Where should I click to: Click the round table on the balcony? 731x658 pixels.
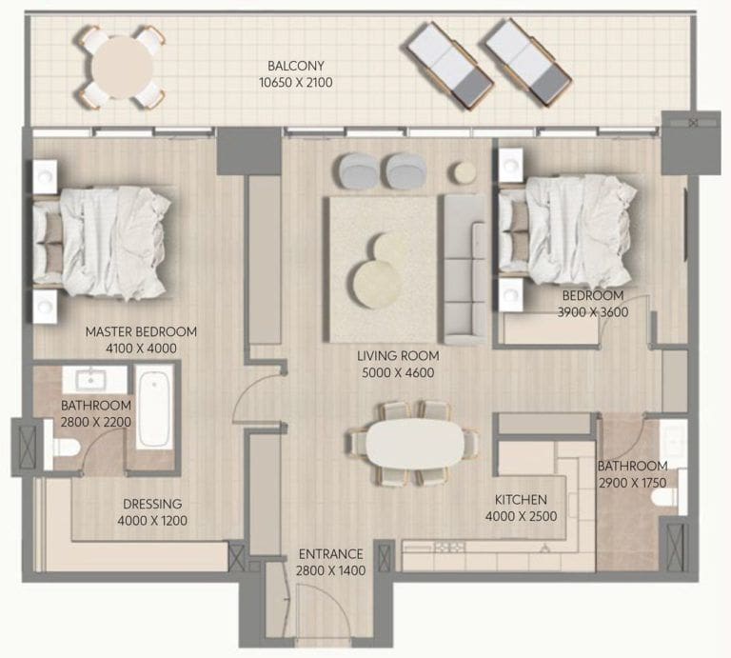(x=121, y=66)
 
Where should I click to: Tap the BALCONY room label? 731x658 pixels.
(x=295, y=66)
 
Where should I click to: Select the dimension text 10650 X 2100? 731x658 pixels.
(x=295, y=83)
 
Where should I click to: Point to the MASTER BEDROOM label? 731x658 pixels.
(x=141, y=331)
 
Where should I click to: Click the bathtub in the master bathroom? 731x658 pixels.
(x=154, y=407)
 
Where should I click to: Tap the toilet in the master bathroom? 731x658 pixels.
(x=62, y=448)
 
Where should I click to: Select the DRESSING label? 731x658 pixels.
(x=152, y=504)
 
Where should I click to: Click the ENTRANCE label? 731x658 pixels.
(x=330, y=553)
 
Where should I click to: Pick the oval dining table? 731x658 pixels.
(x=414, y=444)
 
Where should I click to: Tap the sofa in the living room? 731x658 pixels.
(x=463, y=269)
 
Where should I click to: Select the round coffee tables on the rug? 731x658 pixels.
(x=379, y=272)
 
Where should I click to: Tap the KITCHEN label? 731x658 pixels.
(x=520, y=500)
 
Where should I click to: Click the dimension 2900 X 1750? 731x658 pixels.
(x=632, y=483)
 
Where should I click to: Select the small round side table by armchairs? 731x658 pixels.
(x=464, y=171)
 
